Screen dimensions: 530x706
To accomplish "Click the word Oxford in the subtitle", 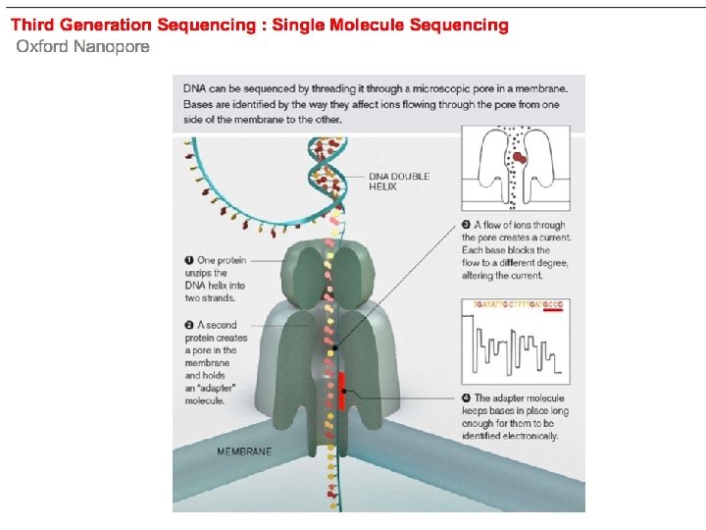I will (x=42, y=47).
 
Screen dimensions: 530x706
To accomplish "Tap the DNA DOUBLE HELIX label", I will (x=398, y=181).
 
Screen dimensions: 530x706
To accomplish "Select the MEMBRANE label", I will (x=244, y=451).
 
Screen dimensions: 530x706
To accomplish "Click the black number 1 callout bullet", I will (x=189, y=260).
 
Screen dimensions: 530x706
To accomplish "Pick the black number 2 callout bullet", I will (x=189, y=325).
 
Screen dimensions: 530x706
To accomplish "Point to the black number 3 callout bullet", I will (x=466, y=226).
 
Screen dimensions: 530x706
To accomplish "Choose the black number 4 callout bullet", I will (x=466, y=398).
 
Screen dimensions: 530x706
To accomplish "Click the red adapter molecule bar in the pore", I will (x=340, y=391).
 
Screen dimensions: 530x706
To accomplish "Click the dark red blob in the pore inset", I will (x=520, y=156).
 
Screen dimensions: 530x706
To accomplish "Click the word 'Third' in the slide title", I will (x=32, y=25).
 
